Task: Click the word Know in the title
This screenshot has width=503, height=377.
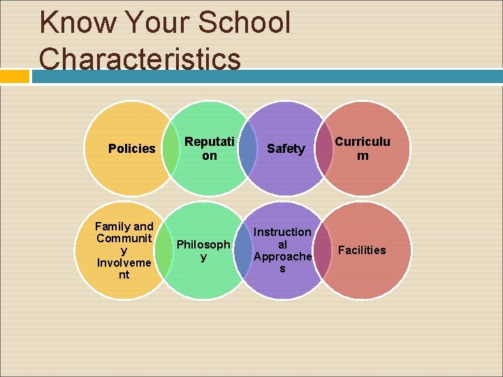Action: click(79, 22)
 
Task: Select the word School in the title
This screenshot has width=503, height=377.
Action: click(244, 22)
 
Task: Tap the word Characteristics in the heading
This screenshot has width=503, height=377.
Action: click(140, 59)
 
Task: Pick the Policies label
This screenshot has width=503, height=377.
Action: click(132, 149)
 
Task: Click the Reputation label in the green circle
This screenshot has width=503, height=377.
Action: click(210, 149)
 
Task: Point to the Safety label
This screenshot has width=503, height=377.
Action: click(286, 149)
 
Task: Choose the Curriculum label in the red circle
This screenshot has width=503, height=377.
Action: click(362, 149)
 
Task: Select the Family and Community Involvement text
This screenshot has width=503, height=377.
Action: click(124, 250)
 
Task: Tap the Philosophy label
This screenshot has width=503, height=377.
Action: click(203, 251)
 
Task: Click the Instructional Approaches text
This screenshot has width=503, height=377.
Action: click(282, 250)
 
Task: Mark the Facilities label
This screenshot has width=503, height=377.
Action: click(362, 250)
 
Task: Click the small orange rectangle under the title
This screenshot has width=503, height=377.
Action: click(14, 76)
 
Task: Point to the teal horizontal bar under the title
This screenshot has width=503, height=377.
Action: click(265, 76)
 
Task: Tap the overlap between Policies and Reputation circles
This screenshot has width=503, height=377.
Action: click(171, 149)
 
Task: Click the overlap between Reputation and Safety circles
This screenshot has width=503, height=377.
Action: click(247, 149)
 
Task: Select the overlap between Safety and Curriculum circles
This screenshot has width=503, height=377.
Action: click(324, 149)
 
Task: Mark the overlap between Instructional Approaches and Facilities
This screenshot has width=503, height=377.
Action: click(322, 250)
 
